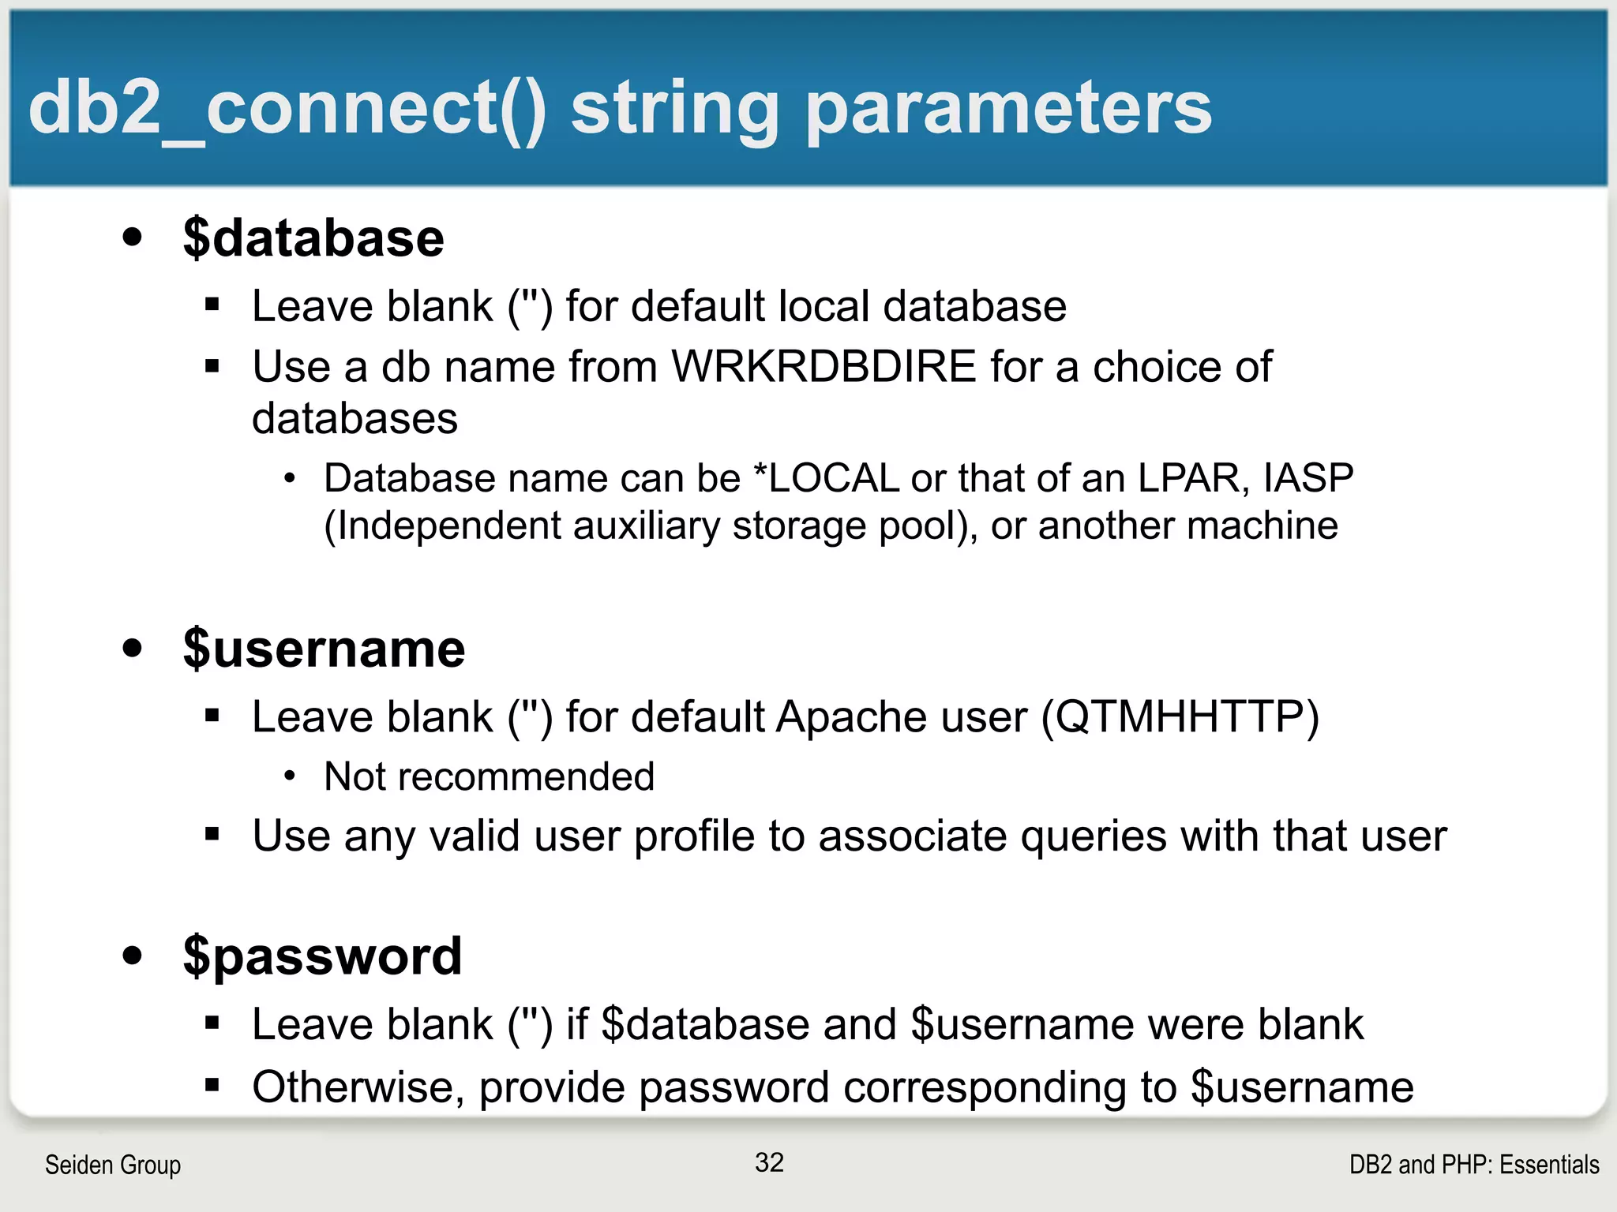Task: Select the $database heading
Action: (313, 238)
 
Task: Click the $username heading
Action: (324, 649)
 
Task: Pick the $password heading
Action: (322, 956)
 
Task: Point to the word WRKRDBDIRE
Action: (824, 367)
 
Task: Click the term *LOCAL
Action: (826, 478)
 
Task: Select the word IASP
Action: (1308, 478)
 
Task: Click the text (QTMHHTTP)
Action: (1180, 718)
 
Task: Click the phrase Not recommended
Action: (489, 777)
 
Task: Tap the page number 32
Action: (769, 1162)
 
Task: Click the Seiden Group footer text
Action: (113, 1165)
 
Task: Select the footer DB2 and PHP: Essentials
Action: (1473, 1165)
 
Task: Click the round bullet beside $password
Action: (133, 956)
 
